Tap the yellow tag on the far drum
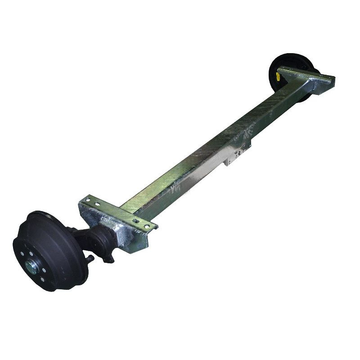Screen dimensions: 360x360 click(x=278, y=76)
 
